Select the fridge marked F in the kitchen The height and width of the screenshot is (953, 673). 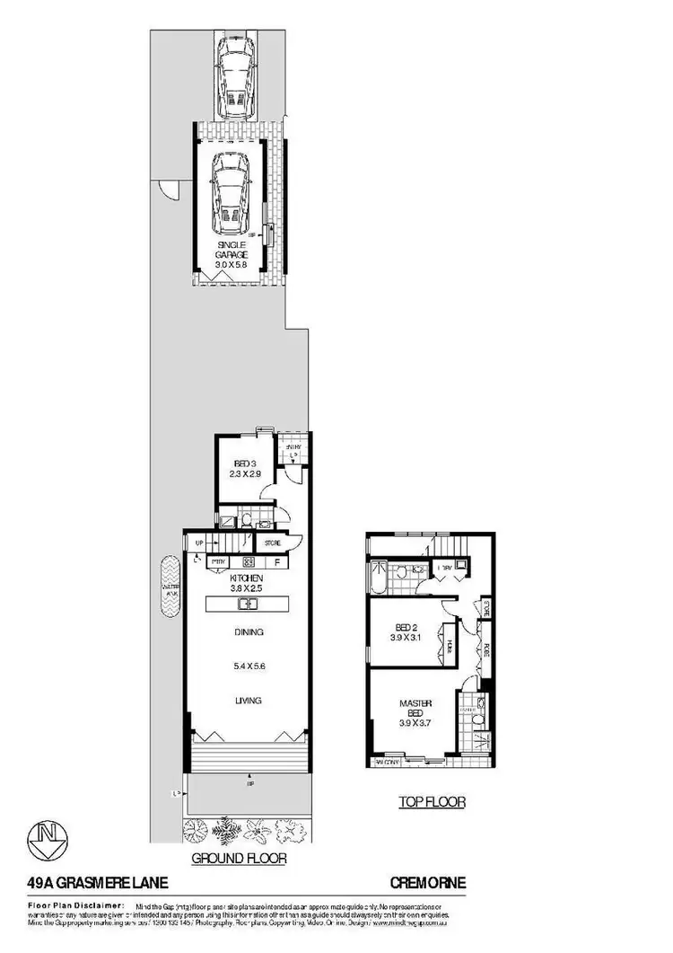(x=277, y=563)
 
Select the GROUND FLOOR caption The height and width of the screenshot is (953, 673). (x=240, y=859)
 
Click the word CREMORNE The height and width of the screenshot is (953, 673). (x=427, y=884)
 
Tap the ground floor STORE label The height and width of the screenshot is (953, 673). (x=272, y=543)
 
